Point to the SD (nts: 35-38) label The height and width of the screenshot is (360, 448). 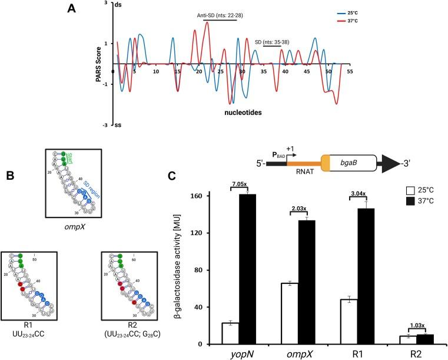(x=272, y=41)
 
